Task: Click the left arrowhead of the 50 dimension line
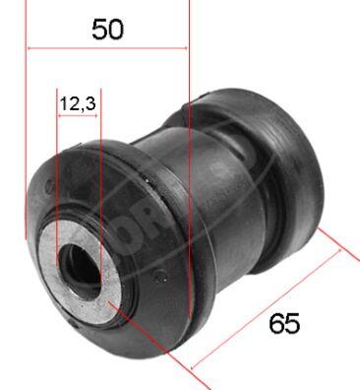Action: pyautogui.click(x=30, y=47)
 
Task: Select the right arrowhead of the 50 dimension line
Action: pyautogui.click(x=183, y=47)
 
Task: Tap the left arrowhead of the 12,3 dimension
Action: pyautogui.click(x=61, y=115)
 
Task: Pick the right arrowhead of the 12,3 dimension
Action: pyautogui.click(x=97, y=115)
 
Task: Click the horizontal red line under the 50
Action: pyautogui.click(x=107, y=47)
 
